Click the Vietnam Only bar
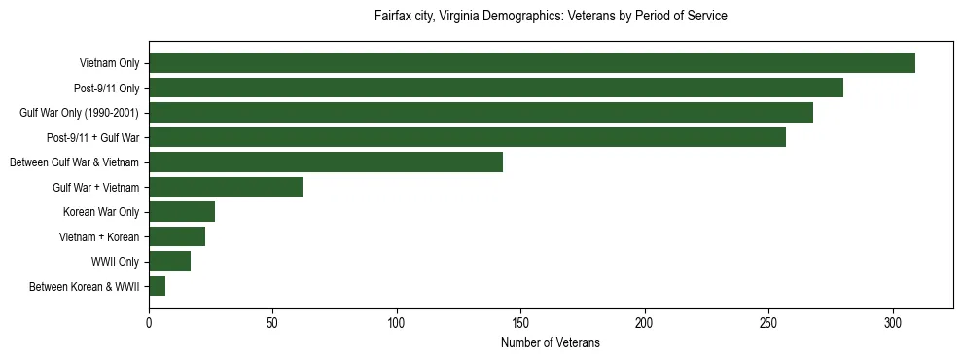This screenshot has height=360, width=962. [x=532, y=63]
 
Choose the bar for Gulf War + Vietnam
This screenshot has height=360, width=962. [x=226, y=187]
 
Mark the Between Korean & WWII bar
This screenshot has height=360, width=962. [x=158, y=286]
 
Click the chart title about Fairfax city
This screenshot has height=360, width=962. [x=551, y=17]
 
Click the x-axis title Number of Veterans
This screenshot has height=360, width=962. [x=551, y=343]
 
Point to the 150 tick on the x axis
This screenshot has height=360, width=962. [x=521, y=322]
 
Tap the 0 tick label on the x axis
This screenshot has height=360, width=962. [x=149, y=322]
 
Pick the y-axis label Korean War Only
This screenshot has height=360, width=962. [x=101, y=212]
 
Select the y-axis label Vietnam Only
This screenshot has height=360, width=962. [x=109, y=63]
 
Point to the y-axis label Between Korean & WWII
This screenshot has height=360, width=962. [x=85, y=286]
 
